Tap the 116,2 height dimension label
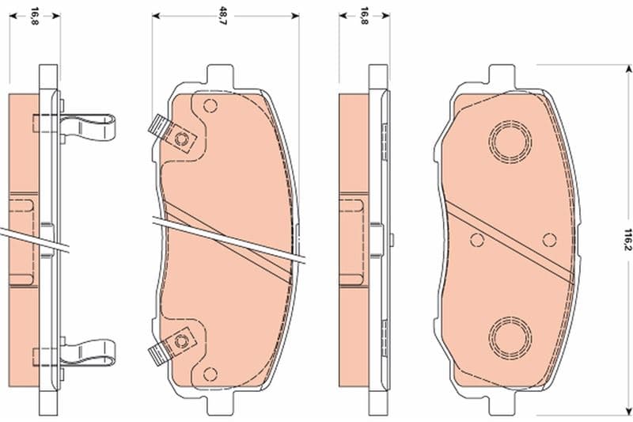(x=627, y=239)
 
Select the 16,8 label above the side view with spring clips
(x=35, y=16)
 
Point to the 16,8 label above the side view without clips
(x=364, y=16)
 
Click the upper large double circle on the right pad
(x=510, y=142)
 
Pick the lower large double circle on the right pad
(x=510, y=337)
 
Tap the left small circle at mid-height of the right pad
(x=477, y=240)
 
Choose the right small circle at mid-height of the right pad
(x=549, y=240)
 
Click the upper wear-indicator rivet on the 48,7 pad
(x=180, y=139)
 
